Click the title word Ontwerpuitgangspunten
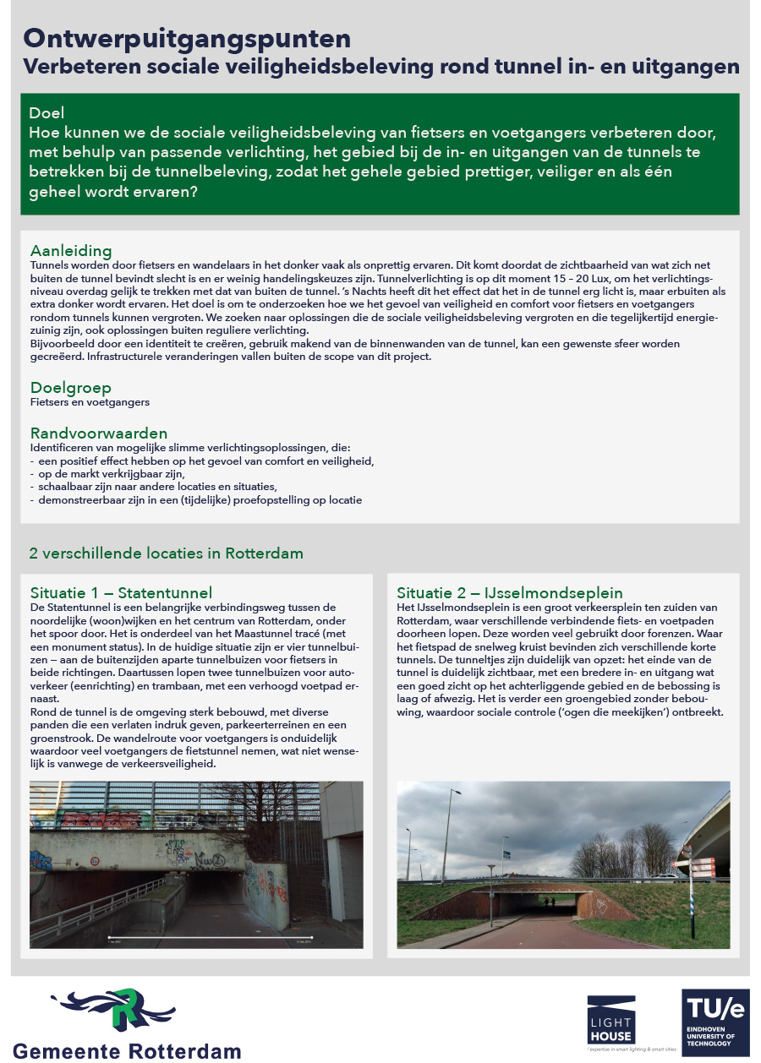click(x=187, y=39)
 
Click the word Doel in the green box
click(x=47, y=113)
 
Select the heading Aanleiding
click(x=70, y=250)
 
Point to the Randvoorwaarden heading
click(x=99, y=433)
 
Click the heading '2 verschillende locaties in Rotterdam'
click(x=167, y=553)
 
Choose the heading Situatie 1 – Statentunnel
click(x=121, y=592)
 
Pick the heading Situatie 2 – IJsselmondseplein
click(x=510, y=592)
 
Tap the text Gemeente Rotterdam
click(x=128, y=1050)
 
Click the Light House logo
click(x=610, y=1019)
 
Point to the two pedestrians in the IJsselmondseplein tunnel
click(x=551, y=902)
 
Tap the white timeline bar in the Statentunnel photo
click(x=211, y=938)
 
